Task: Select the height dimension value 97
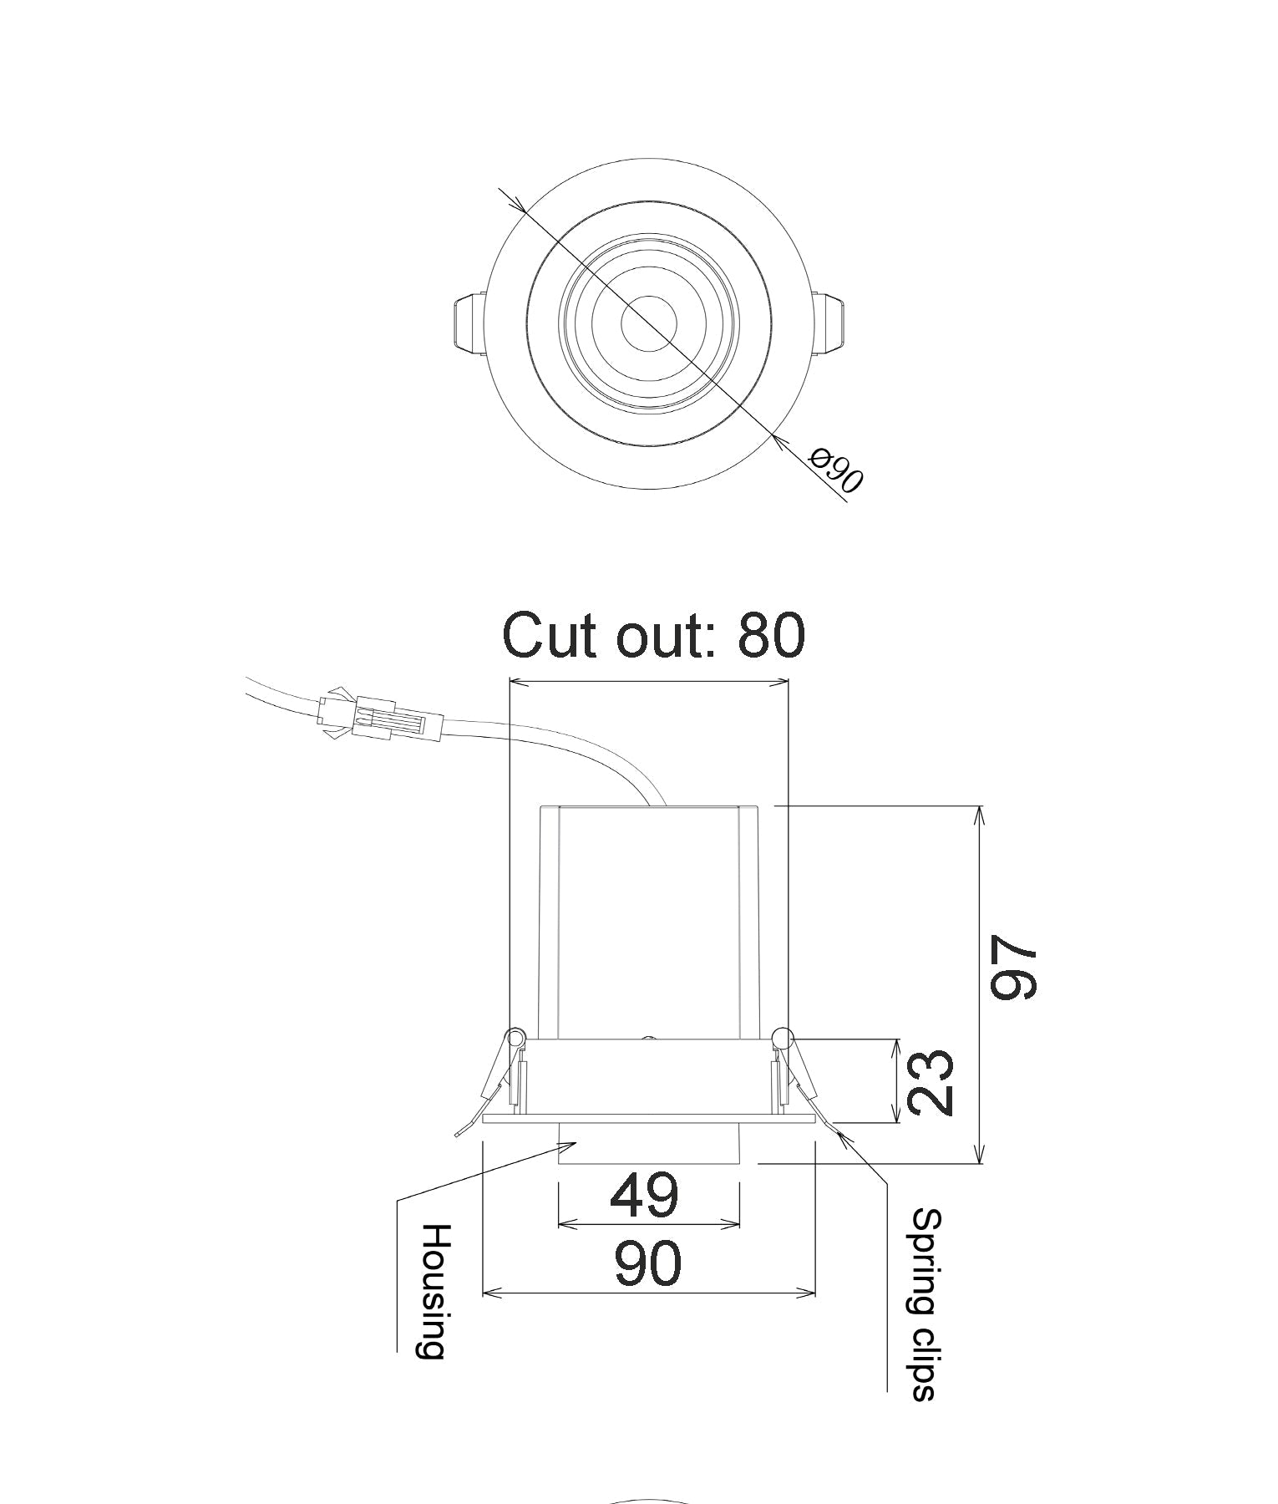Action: (1013, 968)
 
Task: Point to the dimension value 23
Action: (930, 1082)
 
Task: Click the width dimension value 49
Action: (644, 1196)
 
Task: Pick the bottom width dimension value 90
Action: (648, 1264)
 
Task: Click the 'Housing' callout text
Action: (434, 1291)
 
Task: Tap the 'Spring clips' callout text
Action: (926, 1303)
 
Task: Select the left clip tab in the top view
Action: (469, 322)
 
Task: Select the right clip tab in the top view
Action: (832, 322)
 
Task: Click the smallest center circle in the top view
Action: (649, 323)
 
